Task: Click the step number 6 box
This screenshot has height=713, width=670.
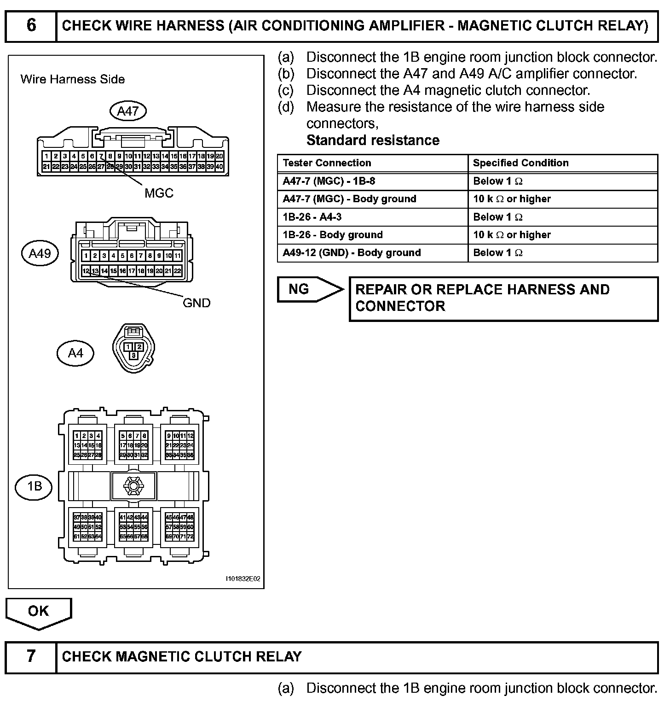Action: [x=31, y=25]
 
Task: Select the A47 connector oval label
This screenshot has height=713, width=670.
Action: [x=128, y=111]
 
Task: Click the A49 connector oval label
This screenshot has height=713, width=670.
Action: [x=40, y=253]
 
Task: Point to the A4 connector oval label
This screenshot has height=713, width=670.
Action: [x=75, y=353]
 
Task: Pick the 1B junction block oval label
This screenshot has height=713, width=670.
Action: [x=35, y=486]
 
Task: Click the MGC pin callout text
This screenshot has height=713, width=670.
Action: [x=159, y=193]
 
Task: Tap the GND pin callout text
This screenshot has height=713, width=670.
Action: [x=196, y=303]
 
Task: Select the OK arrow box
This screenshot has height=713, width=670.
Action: [x=38, y=612]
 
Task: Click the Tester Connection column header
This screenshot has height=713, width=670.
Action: [x=327, y=163]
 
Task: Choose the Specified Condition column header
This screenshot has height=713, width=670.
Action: [x=520, y=163]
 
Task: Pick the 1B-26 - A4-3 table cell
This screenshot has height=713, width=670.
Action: [x=312, y=217]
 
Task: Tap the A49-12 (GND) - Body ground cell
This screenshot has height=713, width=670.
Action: [x=352, y=253]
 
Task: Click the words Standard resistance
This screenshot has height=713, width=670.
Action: [x=373, y=140]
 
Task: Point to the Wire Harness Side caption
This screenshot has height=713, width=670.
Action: [x=73, y=79]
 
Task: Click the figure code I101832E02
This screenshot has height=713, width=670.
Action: [x=243, y=579]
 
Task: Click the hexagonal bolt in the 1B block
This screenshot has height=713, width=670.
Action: [x=134, y=485]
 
